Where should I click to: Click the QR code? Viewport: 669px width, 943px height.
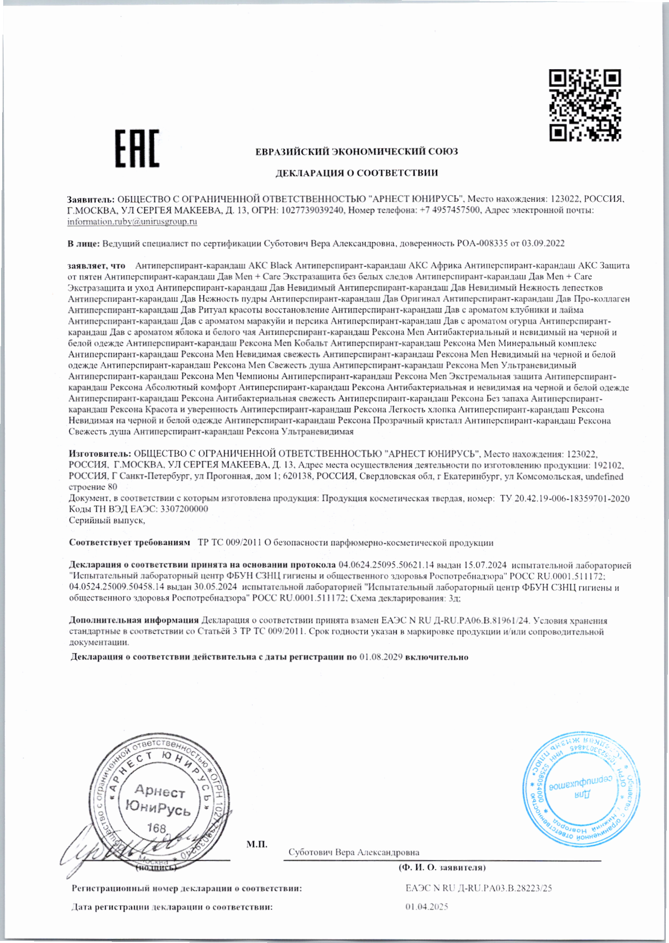(585, 105)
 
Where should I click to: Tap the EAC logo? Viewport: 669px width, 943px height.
(137, 148)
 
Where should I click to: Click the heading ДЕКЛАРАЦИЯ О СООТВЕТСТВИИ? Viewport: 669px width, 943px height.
(356, 173)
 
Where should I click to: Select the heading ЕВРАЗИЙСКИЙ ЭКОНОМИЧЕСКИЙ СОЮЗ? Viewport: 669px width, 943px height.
(356, 152)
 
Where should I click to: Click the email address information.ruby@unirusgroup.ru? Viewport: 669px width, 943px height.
(133, 222)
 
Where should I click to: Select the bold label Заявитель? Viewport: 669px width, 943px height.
(90, 199)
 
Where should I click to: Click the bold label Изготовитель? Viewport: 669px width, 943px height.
(100, 454)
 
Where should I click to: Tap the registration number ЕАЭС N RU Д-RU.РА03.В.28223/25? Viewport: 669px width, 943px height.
(478, 888)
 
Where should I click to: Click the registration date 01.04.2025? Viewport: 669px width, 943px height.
(426, 907)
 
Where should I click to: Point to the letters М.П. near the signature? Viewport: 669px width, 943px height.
(257, 844)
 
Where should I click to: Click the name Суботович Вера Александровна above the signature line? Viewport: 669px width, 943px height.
(353, 852)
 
